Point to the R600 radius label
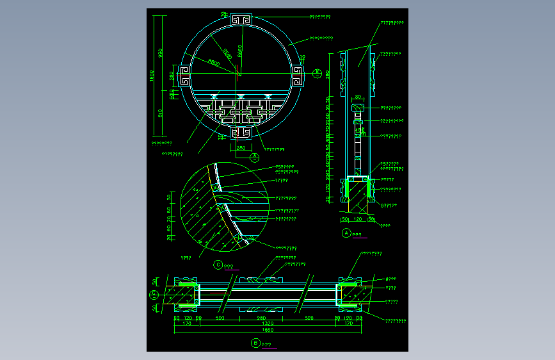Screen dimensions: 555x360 [x=213, y=63]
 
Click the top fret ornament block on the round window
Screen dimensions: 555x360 [x=240, y=20]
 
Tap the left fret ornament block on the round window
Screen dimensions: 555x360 [x=184, y=76]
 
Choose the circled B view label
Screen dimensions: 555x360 [x=255, y=343]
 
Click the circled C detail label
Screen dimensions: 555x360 [x=218, y=264]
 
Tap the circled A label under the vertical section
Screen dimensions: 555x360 [x=347, y=234]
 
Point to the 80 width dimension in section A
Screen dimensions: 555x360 [x=357, y=97]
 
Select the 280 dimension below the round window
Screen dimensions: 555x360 [x=241, y=148]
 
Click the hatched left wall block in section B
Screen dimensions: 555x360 [x=182, y=295]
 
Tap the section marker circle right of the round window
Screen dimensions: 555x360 [x=317, y=74]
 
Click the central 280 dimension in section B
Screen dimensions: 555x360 [x=261, y=318]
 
